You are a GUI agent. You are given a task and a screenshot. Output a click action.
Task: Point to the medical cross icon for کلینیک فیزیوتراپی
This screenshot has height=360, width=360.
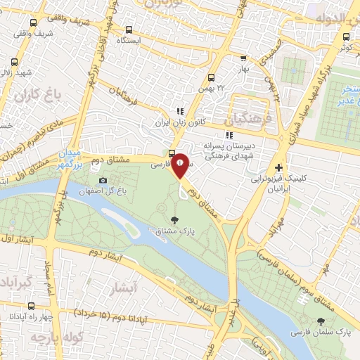coord(279,168)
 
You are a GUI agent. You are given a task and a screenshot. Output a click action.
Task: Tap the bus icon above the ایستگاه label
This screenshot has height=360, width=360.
coord(128,30)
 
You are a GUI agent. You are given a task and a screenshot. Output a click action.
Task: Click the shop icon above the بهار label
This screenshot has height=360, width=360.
coord(243,60)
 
